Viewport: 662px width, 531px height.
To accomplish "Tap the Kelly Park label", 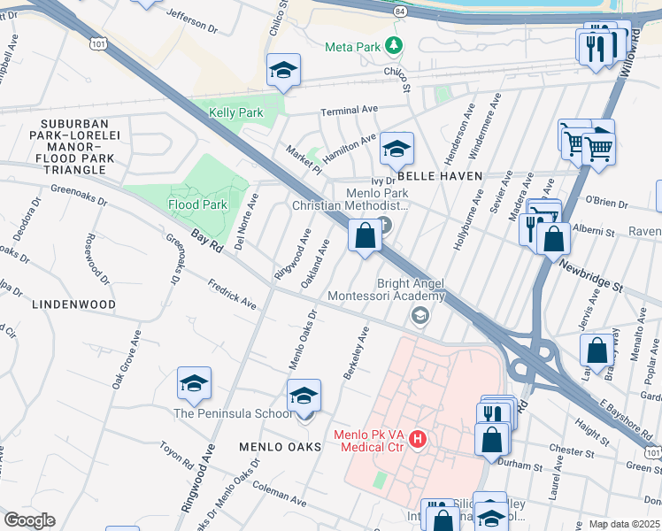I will (x=235, y=113).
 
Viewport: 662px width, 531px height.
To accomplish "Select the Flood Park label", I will (x=197, y=204).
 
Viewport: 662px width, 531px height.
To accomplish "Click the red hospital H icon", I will (x=419, y=438).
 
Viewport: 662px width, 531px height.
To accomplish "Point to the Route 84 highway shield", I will (x=402, y=12).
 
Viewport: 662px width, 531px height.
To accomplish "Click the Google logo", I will (x=29, y=520).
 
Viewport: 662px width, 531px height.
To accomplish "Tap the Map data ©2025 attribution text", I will (x=624, y=524).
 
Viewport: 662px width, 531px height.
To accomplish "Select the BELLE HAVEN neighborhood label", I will (x=439, y=176).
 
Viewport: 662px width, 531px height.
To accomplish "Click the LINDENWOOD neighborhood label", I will (x=73, y=304).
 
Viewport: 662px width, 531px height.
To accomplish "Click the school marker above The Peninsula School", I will (x=194, y=385).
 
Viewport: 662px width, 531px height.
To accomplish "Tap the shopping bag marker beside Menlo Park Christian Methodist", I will (x=366, y=236).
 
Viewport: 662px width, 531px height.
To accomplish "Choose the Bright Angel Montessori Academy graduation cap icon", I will (x=420, y=315).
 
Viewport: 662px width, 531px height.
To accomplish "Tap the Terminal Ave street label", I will (x=349, y=111).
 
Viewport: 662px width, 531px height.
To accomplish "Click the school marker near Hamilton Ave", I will (x=397, y=150).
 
